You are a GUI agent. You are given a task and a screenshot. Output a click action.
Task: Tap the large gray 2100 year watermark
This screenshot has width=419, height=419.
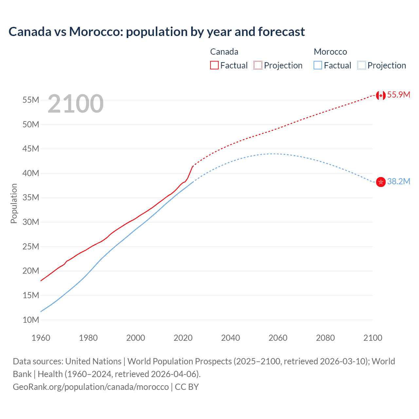tap(76, 104)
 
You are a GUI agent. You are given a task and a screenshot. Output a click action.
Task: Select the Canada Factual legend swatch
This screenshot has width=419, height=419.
tap(214, 65)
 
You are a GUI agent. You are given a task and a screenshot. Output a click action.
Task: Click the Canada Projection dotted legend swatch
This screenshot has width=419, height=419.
tap(258, 65)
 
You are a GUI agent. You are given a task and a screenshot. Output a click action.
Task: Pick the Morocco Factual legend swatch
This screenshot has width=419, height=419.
tap(318, 65)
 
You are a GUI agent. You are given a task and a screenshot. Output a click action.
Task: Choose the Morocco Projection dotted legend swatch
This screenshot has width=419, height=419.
tap(361, 65)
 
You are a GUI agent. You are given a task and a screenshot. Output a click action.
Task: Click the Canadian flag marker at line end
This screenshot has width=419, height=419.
tap(381, 95)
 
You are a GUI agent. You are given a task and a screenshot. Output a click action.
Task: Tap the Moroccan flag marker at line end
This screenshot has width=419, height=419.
tap(381, 182)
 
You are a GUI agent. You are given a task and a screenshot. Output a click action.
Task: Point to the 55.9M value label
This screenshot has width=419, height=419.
tap(398, 95)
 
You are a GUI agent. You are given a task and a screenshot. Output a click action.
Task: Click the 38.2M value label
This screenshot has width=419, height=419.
tap(398, 181)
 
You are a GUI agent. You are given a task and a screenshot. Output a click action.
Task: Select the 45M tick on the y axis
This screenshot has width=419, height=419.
tap(31, 149)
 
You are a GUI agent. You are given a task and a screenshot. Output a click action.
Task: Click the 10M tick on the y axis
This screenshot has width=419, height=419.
tap(31, 320)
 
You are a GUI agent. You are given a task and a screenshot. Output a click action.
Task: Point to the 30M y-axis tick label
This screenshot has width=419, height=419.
tap(31, 222)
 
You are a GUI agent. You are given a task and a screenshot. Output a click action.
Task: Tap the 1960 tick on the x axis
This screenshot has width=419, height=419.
tap(41, 338)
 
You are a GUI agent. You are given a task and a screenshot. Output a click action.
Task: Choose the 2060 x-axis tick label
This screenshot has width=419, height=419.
tap(278, 338)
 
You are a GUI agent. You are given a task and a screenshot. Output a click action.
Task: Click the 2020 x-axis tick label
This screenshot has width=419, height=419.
tap(183, 338)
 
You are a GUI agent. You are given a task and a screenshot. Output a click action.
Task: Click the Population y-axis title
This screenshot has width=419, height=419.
tap(14, 203)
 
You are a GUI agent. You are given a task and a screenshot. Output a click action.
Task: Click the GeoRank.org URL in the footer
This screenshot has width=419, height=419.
tap(91, 387)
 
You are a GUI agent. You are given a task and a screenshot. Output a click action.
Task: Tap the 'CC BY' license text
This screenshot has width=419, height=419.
tap(187, 387)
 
